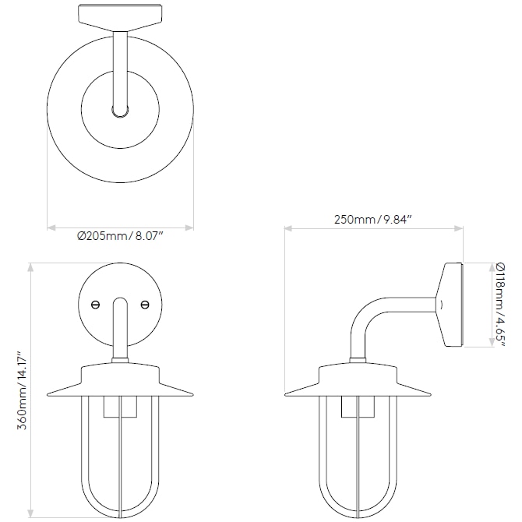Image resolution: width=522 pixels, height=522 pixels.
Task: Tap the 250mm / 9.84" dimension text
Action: pyautogui.click(x=372, y=219)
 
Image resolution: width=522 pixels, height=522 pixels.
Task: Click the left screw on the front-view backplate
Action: pyautogui.click(x=96, y=305)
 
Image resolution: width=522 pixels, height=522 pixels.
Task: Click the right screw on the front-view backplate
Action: pyautogui.click(x=144, y=305)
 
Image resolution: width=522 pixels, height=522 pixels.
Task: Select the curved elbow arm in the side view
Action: pyautogui.click(x=367, y=319)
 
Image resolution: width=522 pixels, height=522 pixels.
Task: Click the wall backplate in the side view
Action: pyautogui.click(x=451, y=305)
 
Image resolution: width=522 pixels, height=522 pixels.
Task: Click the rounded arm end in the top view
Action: pyautogui.click(x=120, y=111)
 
